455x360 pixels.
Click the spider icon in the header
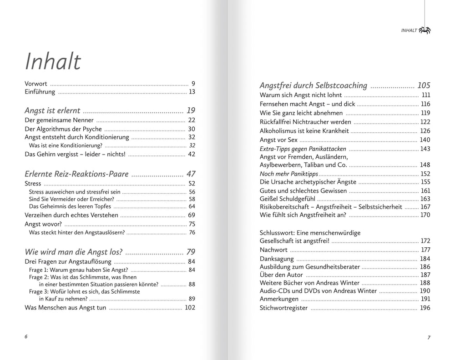425,30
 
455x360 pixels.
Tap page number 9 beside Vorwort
193,83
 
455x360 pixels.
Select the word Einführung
40,92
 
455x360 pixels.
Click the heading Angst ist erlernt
52,110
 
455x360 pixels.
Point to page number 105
423,85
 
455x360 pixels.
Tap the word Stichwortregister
283,308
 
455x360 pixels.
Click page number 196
425,308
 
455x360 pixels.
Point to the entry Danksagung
276,259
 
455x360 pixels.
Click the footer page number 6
26,336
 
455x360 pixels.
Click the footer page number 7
429,337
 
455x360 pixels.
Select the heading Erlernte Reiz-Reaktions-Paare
76,174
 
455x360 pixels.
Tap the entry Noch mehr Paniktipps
289,174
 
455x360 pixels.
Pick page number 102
190,307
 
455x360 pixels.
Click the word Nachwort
273,250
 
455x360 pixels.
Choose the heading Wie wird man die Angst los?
73,252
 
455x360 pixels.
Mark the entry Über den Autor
281,275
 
